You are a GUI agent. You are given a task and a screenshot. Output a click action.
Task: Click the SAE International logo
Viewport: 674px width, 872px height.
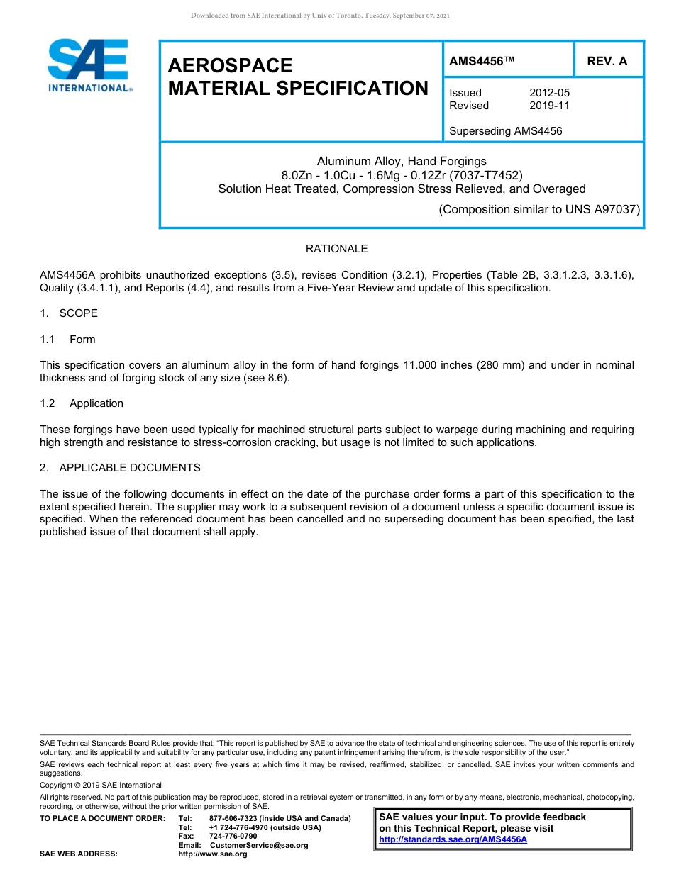[89, 65]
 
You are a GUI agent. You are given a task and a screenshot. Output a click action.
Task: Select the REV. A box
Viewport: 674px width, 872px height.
[607, 62]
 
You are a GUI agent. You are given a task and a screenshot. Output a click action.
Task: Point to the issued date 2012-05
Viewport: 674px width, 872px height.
[549, 93]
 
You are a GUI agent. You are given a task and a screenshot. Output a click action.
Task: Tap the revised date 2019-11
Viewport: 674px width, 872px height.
[549, 106]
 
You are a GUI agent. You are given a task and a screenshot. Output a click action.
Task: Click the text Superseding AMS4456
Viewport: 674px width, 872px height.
[506, 131]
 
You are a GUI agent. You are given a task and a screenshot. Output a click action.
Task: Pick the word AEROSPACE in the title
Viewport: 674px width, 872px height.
[230, 66]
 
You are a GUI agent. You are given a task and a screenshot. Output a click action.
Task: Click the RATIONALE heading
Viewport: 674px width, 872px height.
[336, 249]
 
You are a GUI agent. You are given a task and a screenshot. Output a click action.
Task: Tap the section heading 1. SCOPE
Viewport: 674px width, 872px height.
[69, 313]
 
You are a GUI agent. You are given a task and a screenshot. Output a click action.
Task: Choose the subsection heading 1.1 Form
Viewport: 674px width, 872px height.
[68, 340]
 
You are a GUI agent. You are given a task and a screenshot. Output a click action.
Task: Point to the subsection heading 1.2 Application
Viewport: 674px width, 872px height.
[82, 403]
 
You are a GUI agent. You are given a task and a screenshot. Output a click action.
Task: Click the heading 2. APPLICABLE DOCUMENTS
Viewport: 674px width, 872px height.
[120, 468]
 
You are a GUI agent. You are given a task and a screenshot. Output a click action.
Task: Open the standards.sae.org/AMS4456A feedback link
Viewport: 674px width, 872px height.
[453, 839]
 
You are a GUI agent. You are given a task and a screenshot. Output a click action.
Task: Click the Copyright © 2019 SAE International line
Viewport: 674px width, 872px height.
[101, 786]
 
